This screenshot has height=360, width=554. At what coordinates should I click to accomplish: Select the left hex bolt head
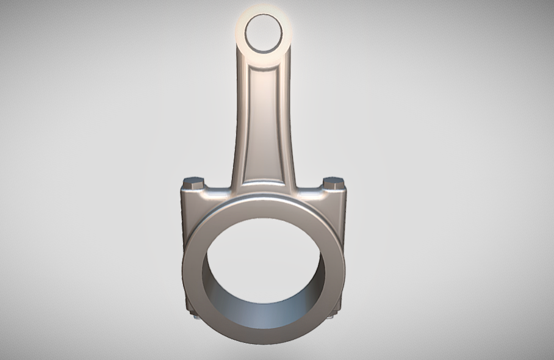click(x=193, y=182)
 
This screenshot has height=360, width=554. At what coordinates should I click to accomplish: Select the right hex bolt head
click(x=333, y=182)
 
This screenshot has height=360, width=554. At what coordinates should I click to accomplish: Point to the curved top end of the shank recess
click(x=264, y=73)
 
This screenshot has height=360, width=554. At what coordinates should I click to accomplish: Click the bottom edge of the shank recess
click(x=264, y=181)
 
